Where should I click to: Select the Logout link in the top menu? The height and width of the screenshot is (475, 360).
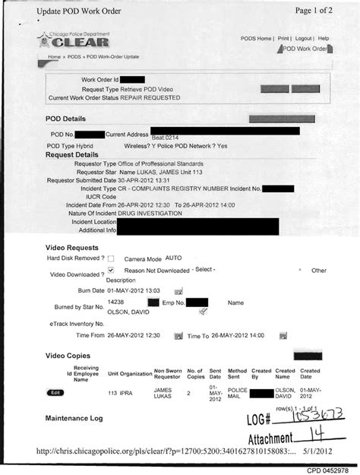tap(304, 38)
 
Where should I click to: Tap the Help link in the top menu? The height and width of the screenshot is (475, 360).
tap(323, 38)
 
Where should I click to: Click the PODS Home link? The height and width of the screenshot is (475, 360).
tap(256, 38)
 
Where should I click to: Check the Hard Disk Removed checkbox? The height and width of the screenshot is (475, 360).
tap(111, 259)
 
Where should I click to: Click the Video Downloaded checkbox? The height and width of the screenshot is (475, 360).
tap(111, 270)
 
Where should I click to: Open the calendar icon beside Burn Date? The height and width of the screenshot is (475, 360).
tap(178, 291)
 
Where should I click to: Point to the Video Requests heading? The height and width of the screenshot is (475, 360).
tap(71, 248)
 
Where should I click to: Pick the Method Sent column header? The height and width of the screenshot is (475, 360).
tap(237, 372)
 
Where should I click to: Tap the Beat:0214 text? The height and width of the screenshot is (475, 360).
tap(166, 138)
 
